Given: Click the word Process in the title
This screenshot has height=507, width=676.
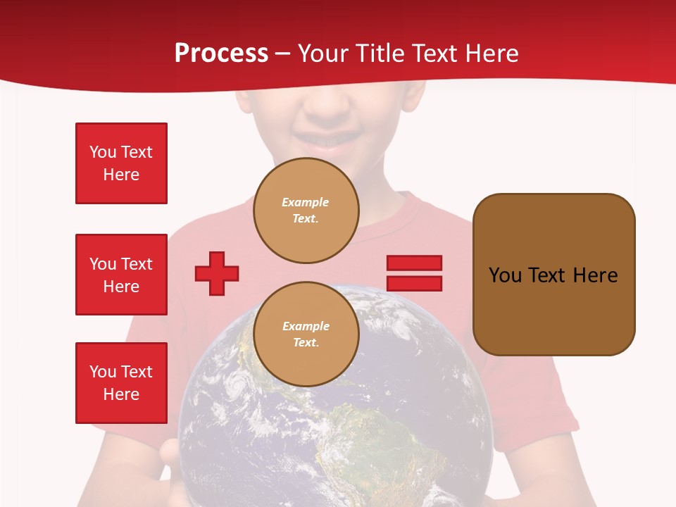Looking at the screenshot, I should tap(221, 53).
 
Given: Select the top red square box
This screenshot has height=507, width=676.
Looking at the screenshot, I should tap(121, 163).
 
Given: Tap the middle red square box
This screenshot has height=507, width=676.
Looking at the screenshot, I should tap(121, 275).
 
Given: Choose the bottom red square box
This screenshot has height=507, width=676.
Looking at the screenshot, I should tap(121, 383).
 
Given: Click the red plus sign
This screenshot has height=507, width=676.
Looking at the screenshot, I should tap(217, 273).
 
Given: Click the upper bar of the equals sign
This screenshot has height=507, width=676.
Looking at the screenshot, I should tap(414, 263).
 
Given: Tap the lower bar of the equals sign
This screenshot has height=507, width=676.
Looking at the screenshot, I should tap(414, 283).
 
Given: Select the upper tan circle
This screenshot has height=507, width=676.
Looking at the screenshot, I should tap(306, 211).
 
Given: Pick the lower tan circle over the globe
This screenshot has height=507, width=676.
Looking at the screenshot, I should tap(306, 334).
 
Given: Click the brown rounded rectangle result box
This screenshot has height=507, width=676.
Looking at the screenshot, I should tap(553, 275).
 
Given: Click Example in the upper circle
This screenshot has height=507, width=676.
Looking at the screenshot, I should tap(305, 202).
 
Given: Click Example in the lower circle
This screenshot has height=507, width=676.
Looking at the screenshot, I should tap(306, 326).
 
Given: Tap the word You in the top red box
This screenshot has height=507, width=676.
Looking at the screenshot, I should tap(103, 152).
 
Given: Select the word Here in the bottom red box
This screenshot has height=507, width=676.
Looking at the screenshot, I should tap(121, 394).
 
